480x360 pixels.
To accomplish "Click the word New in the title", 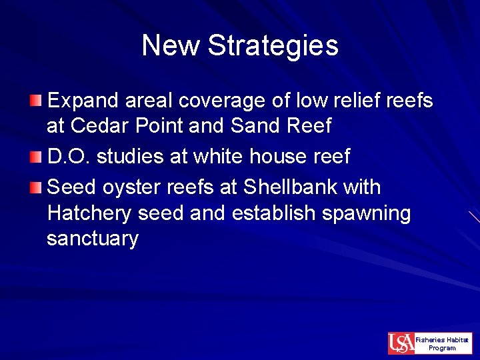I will click(x=171, y=46).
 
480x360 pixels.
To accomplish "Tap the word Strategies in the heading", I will click(x=273, y=46).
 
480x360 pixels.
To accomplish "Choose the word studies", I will click(x=130, y=157).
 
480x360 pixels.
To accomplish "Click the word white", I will click(x=213, y=157).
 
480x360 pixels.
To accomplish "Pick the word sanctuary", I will click(x=92, y=239).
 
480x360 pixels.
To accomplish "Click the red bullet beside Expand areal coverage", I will click(x=36, y=101).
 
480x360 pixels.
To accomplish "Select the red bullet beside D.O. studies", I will click(x=36, y=157).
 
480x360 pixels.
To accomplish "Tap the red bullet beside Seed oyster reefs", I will click(x=36, y=187).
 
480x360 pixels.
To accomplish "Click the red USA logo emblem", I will click(x=401, y=343).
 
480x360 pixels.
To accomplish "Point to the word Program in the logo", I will click(x=442, y=348).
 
